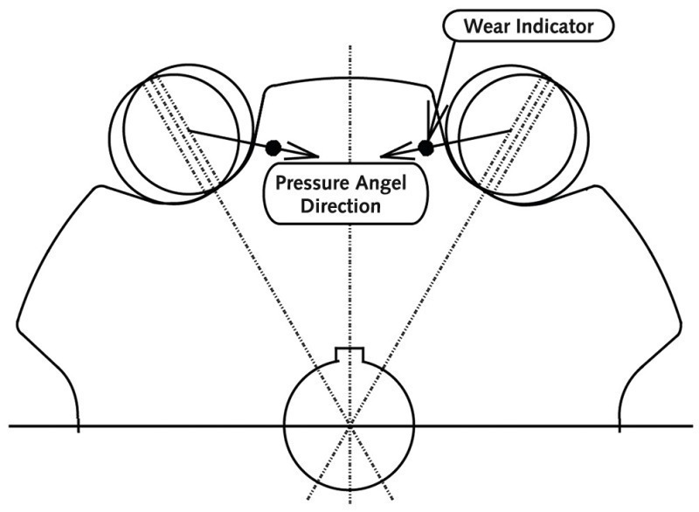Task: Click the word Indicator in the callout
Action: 555,26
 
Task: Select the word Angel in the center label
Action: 380,183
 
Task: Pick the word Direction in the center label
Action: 340,206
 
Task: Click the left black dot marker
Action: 273,148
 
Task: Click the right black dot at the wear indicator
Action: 426,148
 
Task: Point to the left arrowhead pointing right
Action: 304,150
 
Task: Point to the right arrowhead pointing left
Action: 397,150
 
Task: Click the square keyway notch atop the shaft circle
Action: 349,354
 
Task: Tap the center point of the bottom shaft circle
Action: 350,426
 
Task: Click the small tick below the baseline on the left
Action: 79,429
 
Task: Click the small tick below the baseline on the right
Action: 619,429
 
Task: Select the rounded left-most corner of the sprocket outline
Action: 18,324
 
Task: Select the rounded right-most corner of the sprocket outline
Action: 681,324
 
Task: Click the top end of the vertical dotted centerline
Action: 350,46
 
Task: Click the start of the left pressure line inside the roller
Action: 189,129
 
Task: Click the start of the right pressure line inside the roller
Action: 511,129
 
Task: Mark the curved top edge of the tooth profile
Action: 348,80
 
